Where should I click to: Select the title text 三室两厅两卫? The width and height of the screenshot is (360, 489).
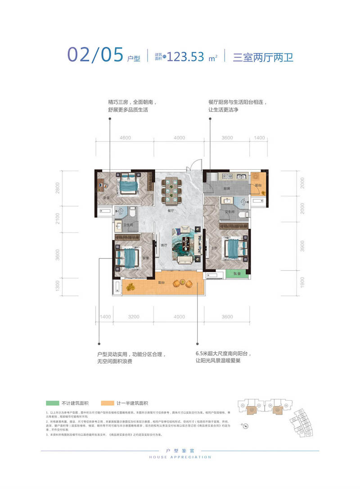click(263, 57)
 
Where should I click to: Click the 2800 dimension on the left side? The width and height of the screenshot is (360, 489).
click(58, 188)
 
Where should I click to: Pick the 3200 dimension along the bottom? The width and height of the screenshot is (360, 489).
click(133, 317)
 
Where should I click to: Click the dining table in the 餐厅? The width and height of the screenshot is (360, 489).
click(171, 190)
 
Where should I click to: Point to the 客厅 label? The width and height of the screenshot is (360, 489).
click(164, 246)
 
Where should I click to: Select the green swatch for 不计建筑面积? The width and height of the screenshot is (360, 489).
click(53, 403)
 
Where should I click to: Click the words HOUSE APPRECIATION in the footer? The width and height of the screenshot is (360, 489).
click(180, 457)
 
